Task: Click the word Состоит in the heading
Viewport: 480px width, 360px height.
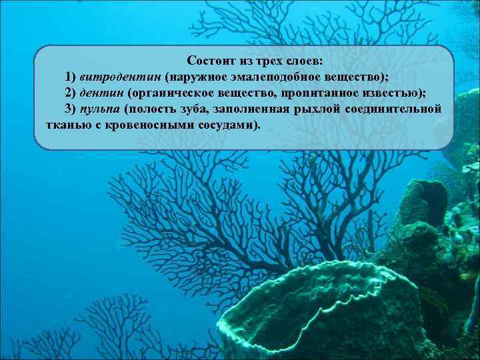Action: (207, 61)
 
